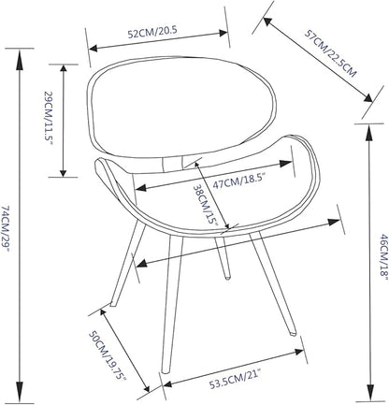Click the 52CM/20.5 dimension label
(x=152, y=32)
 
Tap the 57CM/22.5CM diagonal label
(x=330, y=53)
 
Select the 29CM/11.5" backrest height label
(x=49, y=118)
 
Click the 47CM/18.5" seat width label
(x=239, y=180)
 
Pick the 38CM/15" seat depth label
(x=205, y=205)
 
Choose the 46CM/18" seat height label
(x=383, y=256)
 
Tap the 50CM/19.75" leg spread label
(x=108, y=355)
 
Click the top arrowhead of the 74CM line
(x=20, y=59)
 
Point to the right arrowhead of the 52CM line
(x=223, y=33)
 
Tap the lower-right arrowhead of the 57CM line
(x=367, y=97)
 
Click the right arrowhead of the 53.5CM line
(x=298, y=352)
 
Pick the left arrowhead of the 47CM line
(x=141, y=188)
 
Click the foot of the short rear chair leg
(x=227, y=276)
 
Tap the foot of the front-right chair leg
(x=294, y=333)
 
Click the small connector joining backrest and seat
(x=173, y=163)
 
